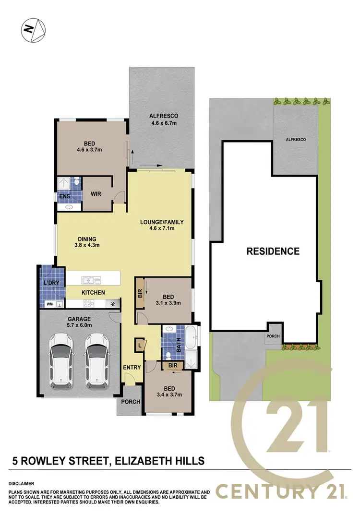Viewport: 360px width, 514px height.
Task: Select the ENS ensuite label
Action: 64,196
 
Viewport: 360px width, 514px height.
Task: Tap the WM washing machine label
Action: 49,304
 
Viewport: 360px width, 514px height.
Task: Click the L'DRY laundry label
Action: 51,283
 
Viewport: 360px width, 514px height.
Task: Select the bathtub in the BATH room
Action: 191,339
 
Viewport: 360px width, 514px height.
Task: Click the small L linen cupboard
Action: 139,345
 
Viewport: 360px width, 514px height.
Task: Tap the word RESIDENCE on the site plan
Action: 273,251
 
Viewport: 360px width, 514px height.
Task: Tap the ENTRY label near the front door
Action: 132,368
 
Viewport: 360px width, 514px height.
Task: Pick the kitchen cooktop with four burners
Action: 90,303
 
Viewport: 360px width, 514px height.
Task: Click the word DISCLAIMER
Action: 21,484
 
